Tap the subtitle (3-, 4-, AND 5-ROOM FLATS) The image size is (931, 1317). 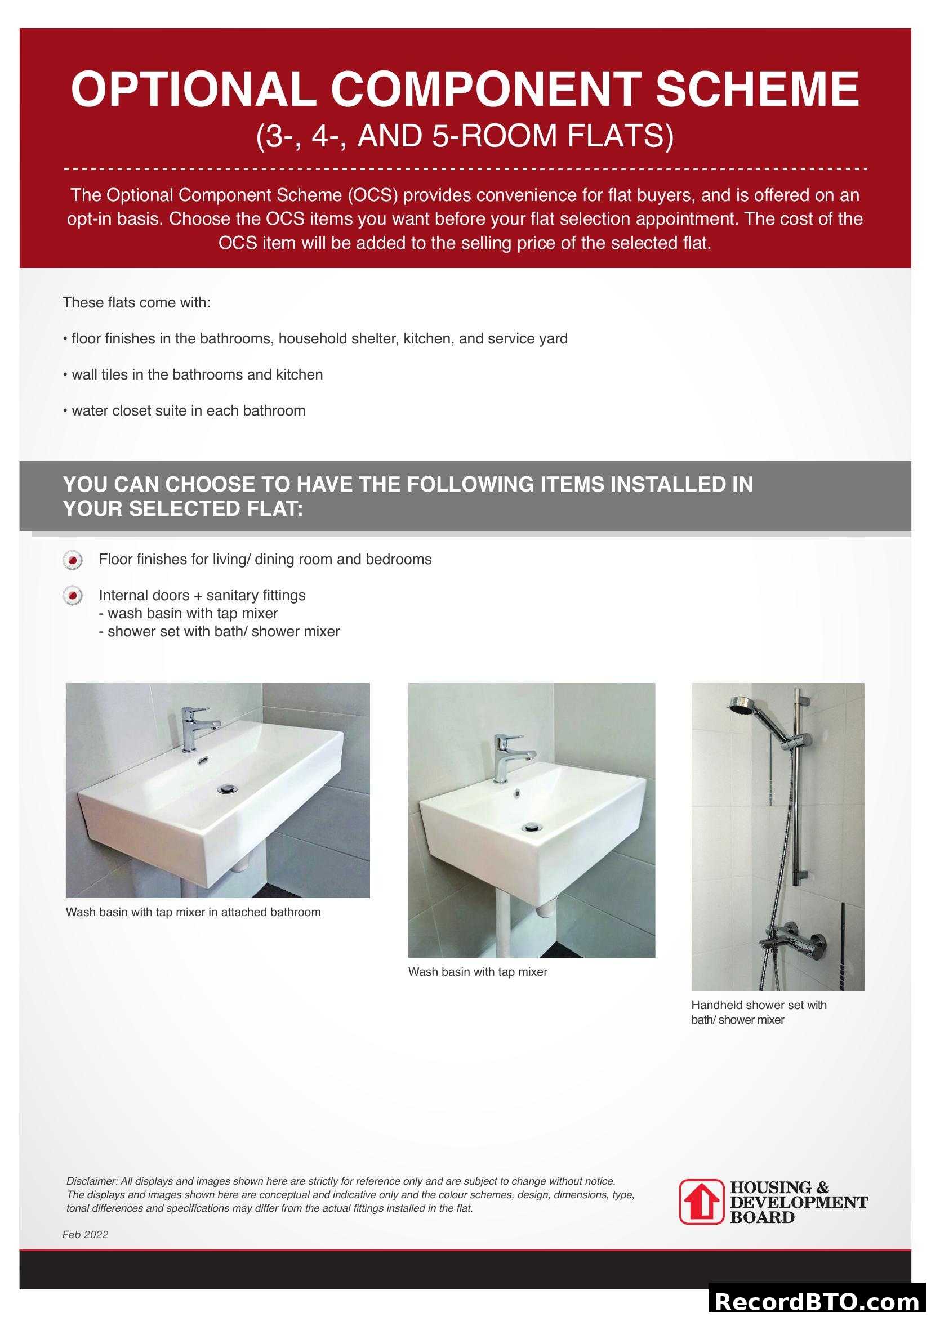(x=465, y=136)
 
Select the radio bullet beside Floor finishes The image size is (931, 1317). (x=72, y=560)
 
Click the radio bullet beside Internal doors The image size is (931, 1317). (x=72, y=596)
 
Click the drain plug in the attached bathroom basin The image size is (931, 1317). (x=226, y=789)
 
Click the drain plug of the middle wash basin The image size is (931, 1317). (x=533, y=827)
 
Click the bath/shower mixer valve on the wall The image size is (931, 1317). (x=795, y=943)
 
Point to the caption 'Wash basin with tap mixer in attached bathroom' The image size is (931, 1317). (x=193, y=912)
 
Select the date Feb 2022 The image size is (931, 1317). (x=86, y=1234)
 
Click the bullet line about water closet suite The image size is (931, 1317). (x=184, y=410)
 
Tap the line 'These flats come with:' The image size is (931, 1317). (x=136, y=302)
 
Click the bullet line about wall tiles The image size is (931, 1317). (x=193, y=374)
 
